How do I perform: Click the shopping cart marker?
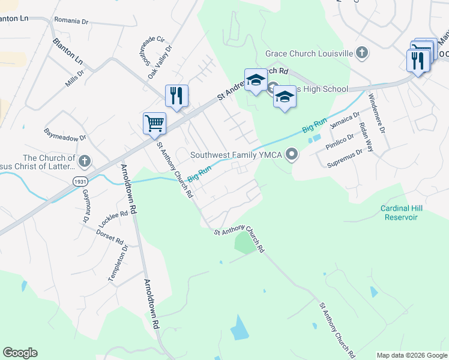coord(154,124)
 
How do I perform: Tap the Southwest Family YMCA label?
coord(237,155)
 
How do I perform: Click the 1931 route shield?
coord(80,181)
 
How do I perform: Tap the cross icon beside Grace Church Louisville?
coord(361,53)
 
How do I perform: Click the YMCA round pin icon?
coord(292,155)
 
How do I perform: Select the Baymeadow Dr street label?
coord(65,134)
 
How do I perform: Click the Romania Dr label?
coord(71,21)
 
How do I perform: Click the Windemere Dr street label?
coord(376,113)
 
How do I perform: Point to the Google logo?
coord(20,353)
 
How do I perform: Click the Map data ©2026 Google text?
coord(412,355)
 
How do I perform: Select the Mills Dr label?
coord(75,78)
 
